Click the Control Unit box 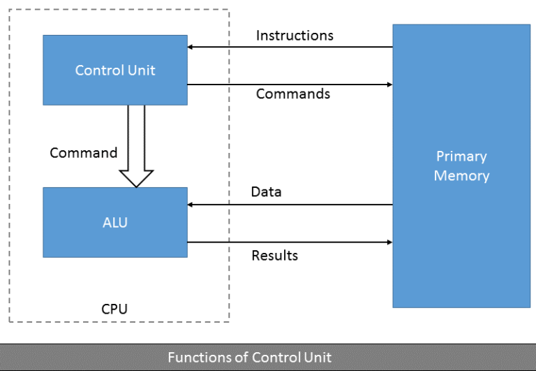pos(115,70)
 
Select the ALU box pos(115,222)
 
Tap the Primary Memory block pos(461,166)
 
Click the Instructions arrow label pos(295,35)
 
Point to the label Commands pos(293,94)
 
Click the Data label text pos(267,192)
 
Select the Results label pos(274,256)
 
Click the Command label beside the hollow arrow pos(83,153)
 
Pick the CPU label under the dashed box pos(114,308)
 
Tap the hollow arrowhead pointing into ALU pos(136,178)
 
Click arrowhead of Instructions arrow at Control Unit pos(191,48)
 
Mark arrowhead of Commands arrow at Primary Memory pos(389,85)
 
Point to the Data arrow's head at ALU pos(191,205)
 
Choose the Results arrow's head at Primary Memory pos(389,242)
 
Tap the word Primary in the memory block pos(461,157)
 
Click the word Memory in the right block pos(461,175)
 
